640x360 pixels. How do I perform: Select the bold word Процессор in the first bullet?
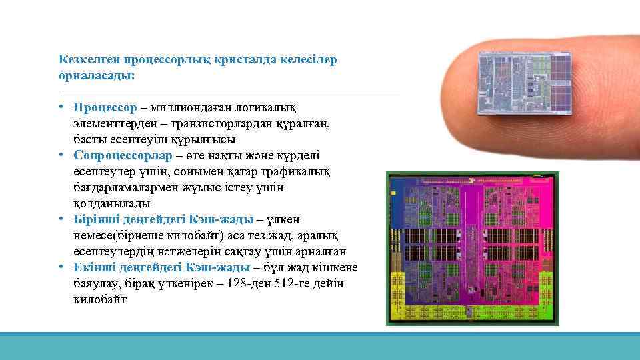coord(105,107)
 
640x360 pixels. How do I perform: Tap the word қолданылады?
coord(112,203)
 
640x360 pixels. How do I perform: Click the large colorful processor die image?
coord(472,248)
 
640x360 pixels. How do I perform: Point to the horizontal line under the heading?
coord(230,91)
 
